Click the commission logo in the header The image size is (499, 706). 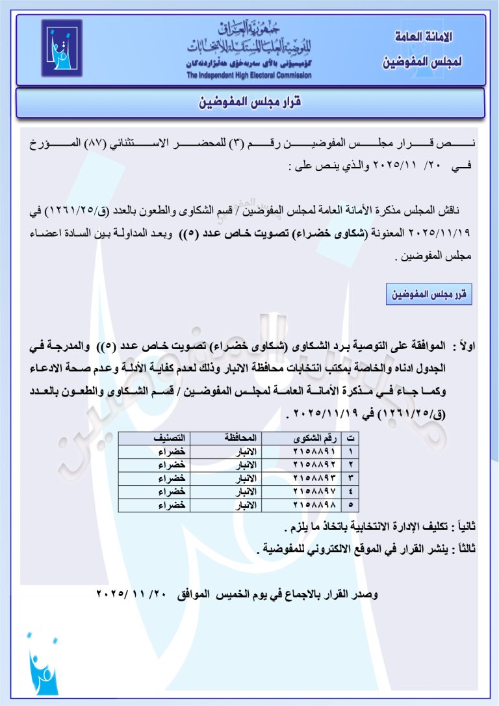(62, 49)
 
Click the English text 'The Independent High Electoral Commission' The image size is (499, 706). (249, 75)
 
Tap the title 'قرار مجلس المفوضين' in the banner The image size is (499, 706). (250, 103)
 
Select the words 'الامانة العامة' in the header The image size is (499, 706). (424, 37)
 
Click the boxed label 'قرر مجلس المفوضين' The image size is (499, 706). (428, 294)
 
